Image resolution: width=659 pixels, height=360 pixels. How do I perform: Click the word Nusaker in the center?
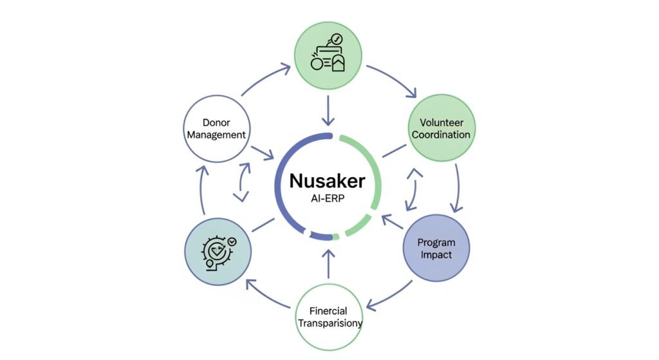point(328,180)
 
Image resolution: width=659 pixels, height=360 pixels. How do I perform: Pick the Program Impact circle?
point(436,249)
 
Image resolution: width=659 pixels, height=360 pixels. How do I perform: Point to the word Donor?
point(216,122)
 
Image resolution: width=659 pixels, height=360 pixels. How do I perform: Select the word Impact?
point(436,255)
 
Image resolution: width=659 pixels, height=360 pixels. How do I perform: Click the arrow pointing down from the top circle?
point(328,110)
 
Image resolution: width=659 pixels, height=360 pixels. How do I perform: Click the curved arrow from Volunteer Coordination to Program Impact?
point(458,187)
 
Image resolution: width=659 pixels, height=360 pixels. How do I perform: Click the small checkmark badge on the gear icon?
point(233,240)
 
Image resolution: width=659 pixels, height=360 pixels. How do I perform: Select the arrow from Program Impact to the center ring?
point(392,223)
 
